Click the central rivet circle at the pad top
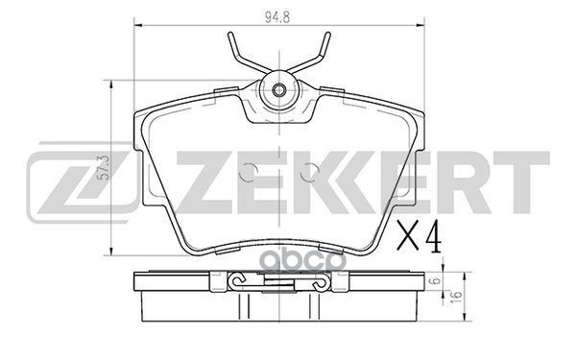coord(278,91)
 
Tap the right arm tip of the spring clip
coord(328,36)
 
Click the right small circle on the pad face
coord(307,174)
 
